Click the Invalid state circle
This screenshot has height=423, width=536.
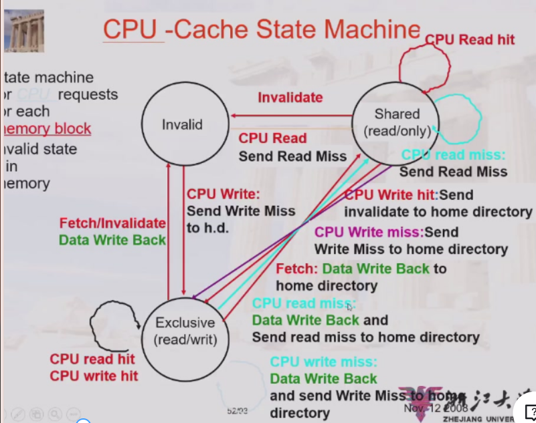pyautogui.click(x=182, y=124)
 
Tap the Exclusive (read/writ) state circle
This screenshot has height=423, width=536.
pyautogui.click(x=185, y=331)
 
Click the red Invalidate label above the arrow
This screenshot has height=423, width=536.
pyautogui.click(x=290, y=98)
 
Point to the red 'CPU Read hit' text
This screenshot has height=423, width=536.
pyautogui.click(x=470, y=40)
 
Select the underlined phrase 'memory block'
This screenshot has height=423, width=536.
pyautogui.click(x=47, y=129)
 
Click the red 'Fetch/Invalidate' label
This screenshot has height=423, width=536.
pyautogui.click(x=112, y=223)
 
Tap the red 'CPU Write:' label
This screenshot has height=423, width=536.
pyautogui.click(x=222, y=194)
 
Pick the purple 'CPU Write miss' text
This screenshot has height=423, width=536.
pyautogui.click(x=369, y=233)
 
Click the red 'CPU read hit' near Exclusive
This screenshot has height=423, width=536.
pyautogui.click(x=92, y=360)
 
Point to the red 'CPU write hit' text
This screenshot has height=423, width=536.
pyautogui.click(x=94, y=376)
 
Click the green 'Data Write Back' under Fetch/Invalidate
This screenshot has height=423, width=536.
pyautogui.click(x=112, y=239)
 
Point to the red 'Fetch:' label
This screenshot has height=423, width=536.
pyautogui.click(x=296, y=269)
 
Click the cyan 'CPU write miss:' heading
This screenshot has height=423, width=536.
pyautogui.click(x=324, y=363)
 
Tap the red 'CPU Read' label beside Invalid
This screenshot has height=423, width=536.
pyautogui.click(x=272, y=138)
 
